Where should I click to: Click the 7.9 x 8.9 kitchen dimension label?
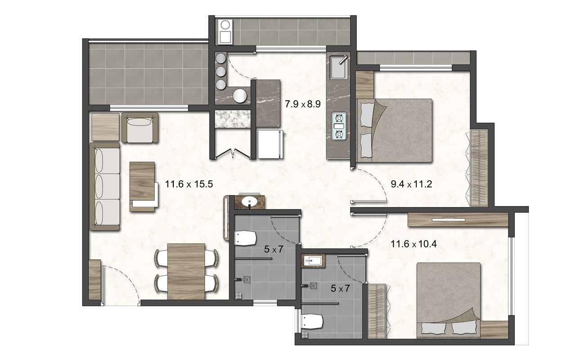[x=303, y=104]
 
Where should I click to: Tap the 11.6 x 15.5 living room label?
[x=189, y=184]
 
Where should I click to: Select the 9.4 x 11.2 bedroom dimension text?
[x=411, y=184]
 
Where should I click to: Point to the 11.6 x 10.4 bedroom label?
[x=414, y=244]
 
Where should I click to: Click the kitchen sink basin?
[x=338, y=67]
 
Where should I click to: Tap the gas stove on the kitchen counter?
[x=339, y=126]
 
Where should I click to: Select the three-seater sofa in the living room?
[x=105, y=187]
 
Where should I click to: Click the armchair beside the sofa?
[x=140, y=127]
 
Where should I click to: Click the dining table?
[x=186, y=271]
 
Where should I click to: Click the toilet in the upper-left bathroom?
[x=246, y=238]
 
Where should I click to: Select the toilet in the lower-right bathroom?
[x=312, y=321]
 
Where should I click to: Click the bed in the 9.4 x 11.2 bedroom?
[x=395, y=130]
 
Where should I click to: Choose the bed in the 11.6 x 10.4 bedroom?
[x=449, y=300]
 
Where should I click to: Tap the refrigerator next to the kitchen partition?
[x=270, y=144]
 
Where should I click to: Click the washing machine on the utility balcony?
[x=225, y=31]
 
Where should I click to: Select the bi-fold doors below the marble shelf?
[x=233, y=153]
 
